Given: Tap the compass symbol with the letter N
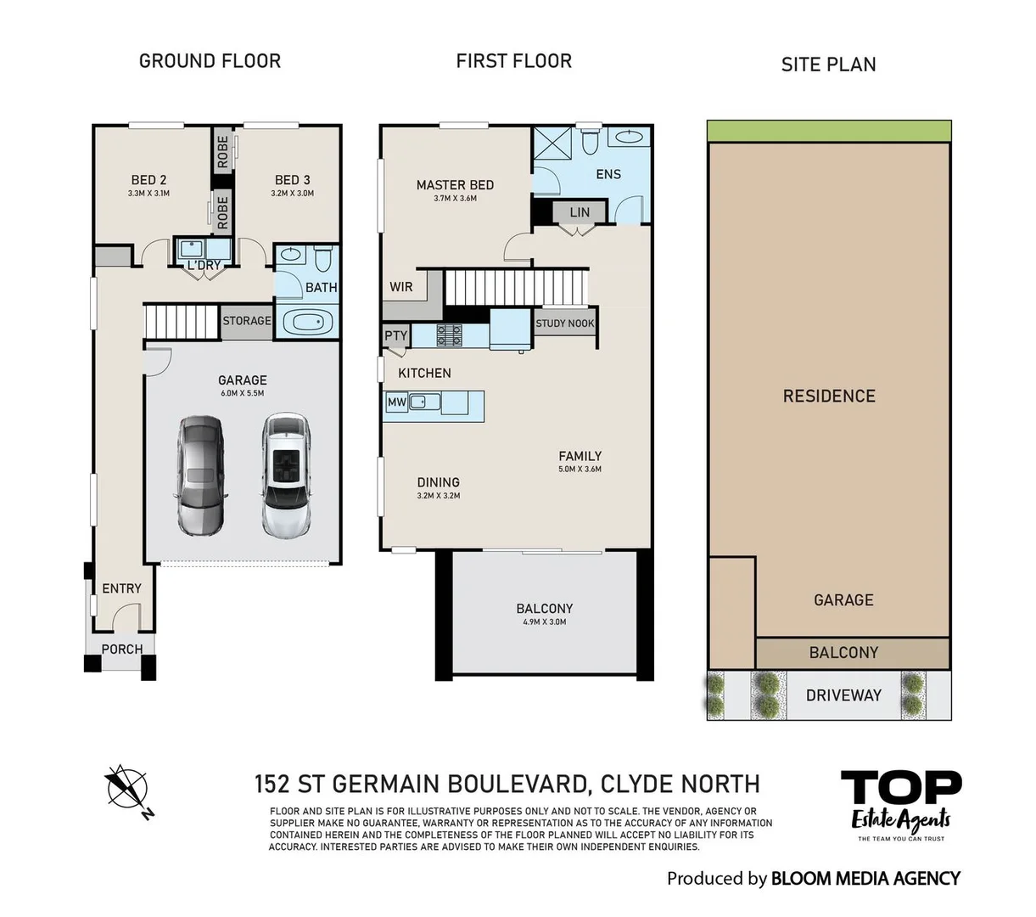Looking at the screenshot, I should [x=127, y=788].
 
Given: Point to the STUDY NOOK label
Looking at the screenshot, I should [x=565, y=323].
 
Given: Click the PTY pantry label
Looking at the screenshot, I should [x=395, y=336].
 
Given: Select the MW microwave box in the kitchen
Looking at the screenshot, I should [x=396, y=402].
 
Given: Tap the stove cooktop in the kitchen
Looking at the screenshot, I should [x=449, y=335].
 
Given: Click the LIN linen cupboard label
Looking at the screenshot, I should [x=580, y=212].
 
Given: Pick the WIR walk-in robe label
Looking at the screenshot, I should [x=401, y=287].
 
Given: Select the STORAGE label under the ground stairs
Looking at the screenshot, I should [x=247, y=321].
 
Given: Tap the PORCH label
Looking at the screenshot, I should [x=122, y=650].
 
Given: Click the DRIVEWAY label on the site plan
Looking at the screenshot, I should [x=843, y=695].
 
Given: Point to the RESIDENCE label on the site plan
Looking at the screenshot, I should [x=829, y=396].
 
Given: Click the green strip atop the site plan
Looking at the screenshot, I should [x=829, y=132].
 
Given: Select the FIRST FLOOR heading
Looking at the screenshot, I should [x=513, y=61].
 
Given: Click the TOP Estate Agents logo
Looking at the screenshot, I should [x=900, y=803].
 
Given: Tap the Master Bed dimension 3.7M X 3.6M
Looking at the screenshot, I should [x=455, y=199].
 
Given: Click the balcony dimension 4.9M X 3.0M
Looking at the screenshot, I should [x=544, y=622].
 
